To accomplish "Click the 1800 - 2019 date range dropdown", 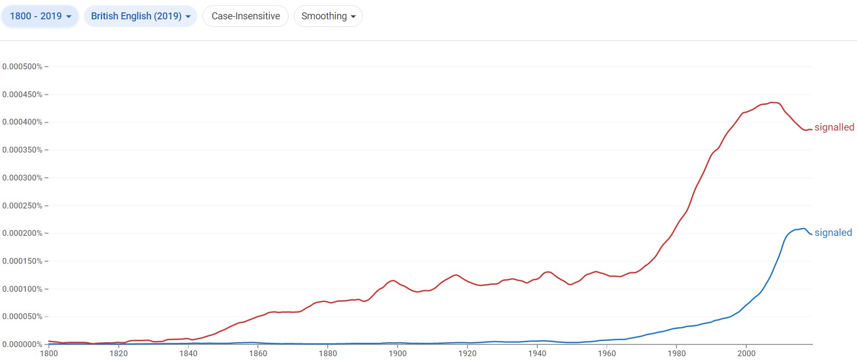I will [40, 16].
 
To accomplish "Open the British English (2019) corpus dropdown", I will [140, 16].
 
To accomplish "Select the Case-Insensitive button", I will [246, 16].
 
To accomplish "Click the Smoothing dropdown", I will [328, 16].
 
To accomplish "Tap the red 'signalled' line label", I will [834, 127].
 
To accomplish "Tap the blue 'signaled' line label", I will [833, 233].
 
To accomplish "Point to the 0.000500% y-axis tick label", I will [22, 67].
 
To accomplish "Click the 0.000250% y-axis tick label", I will [22, 206].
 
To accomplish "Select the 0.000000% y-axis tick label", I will [22, 344].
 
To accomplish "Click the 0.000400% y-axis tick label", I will [22, 122].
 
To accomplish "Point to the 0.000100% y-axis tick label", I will [22, 289].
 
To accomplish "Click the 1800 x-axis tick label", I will [49, 353].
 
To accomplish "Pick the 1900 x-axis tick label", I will [398, 353].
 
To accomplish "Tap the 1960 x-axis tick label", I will [607, 353].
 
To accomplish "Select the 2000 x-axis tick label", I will [746, 353].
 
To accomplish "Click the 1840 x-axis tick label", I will [189, 353].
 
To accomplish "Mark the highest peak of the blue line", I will [803, 228].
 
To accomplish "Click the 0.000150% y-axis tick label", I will [22, 261].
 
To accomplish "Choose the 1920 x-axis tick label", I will [467, 353].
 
